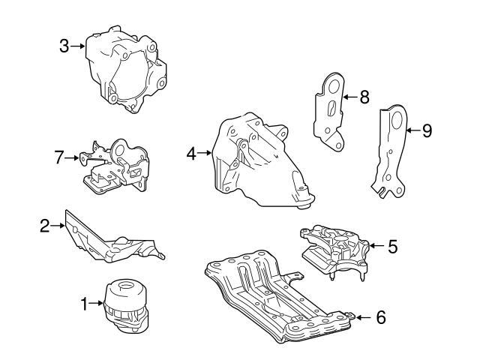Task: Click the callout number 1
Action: pyautogui.click(x=84, y=304)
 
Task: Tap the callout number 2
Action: pyautogui.click(x=44, y=224)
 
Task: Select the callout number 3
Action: pyautogui.click(x=64, y=46)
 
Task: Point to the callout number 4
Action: pyautogui.click(x=191, y=154)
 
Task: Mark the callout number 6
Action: pyautogui.click(x=380, y=317)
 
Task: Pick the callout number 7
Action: pyautogui.click(x=59, y=157)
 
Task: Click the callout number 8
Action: pyautogui.click(x=364, y=97)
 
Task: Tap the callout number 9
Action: pyautogui.click(x=427, y=130)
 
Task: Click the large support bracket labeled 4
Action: pyautogui.click(x=259, y=161)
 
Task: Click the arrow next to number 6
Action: pyautogui.click(x=363, y=317)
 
